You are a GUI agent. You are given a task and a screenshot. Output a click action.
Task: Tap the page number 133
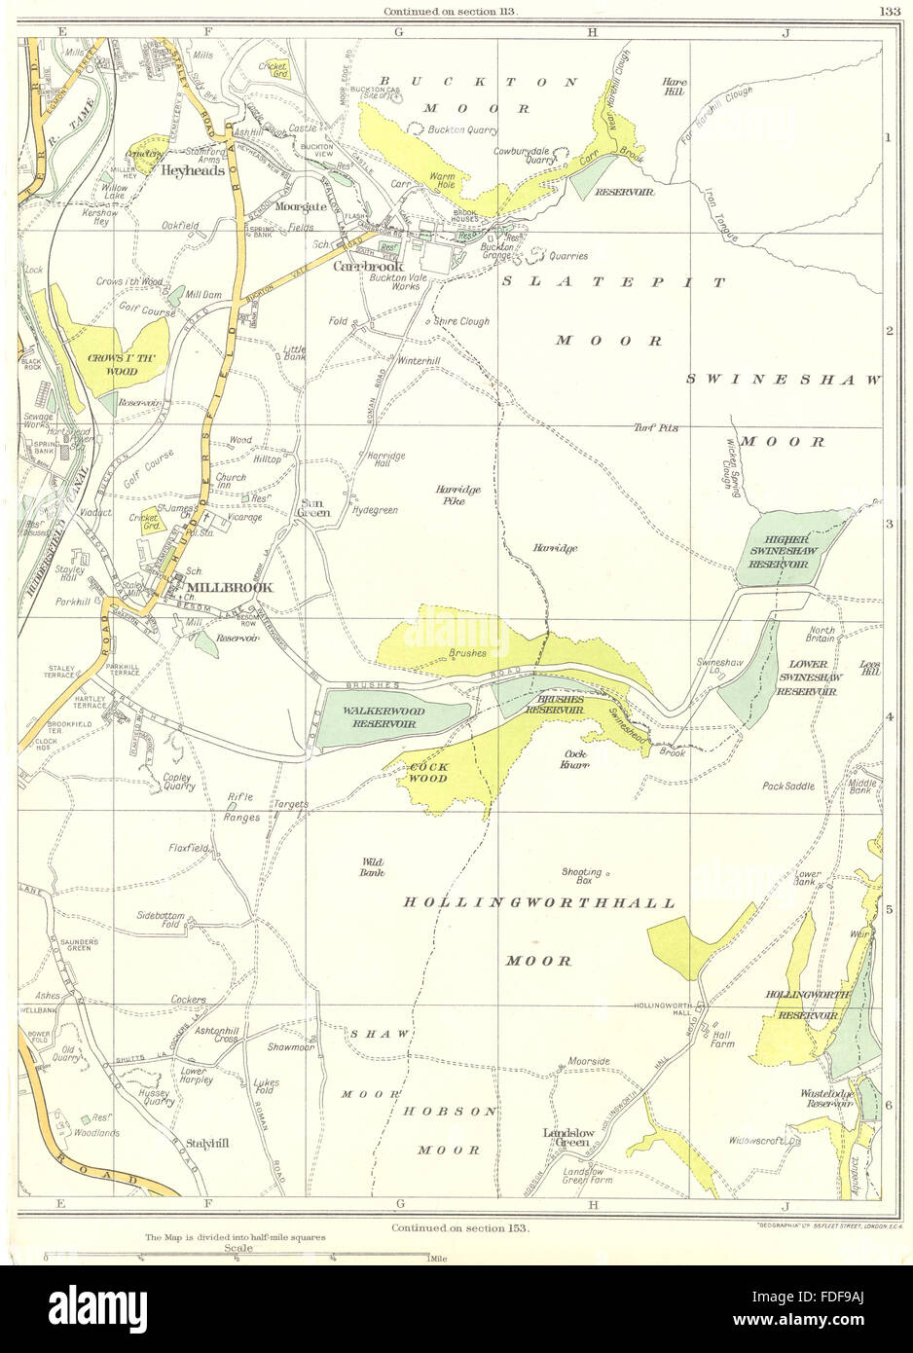coord(887,12)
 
